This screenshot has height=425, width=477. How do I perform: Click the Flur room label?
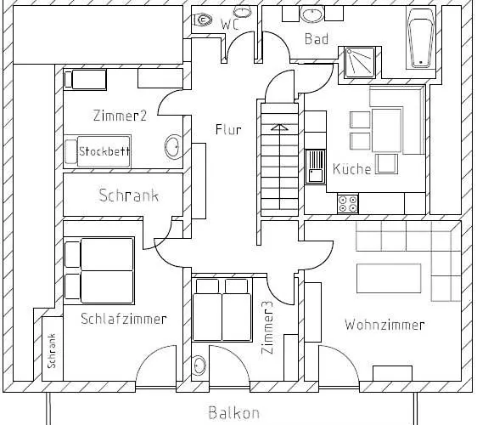(228, 130)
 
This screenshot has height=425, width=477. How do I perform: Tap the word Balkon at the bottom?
(233, 414)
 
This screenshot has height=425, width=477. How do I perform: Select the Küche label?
(351, 168)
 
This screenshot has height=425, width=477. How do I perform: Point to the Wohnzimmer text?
(384, 325)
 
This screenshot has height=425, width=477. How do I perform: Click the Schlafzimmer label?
(124, 319)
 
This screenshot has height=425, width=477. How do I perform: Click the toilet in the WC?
(202, 21)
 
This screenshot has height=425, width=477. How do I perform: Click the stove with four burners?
(347, 203)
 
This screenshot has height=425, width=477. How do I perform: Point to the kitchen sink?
(315, 164)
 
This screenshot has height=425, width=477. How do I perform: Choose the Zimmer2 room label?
(120, 116)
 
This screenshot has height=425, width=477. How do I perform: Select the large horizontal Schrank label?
(128, 195)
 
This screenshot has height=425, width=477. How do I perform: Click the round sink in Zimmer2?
(172, 146)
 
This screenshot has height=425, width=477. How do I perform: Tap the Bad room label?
(317, 39)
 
